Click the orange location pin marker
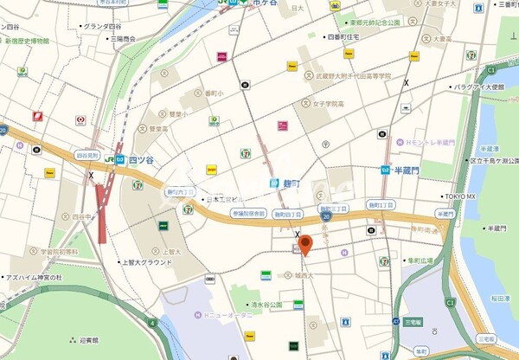click(x=304, y=245)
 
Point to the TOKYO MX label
click(x=460, y=196)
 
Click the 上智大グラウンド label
click(x=148, y=261)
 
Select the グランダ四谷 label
click(x=101, y=27)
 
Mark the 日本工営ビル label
click(x=223, y=200)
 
